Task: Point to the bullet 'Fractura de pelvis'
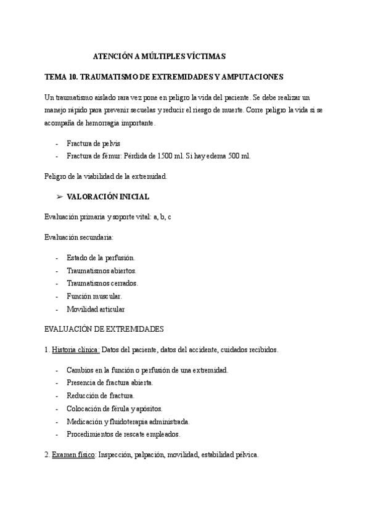click(93, 143)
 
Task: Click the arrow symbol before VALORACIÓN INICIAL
click(59, 197)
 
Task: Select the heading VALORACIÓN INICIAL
click(108, 197)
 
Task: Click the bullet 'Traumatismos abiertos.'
click(101, 271)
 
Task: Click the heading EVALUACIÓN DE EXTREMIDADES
click(104, 329)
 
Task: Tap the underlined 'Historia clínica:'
click(75, 350)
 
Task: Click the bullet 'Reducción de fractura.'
click(100, 395)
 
